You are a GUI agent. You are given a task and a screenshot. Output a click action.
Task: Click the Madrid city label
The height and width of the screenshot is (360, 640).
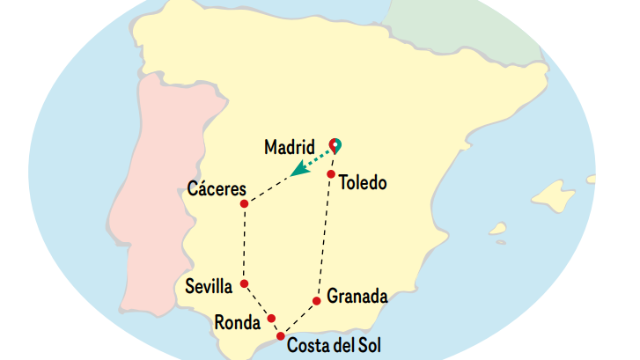click(290, 147)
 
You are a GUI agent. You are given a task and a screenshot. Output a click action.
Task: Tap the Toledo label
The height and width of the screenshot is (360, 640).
click(363, 184)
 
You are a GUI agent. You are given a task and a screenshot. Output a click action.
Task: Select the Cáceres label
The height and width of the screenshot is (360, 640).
click(216, 188)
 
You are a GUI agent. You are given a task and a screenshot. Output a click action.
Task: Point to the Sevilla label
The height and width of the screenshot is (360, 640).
click(209, 286)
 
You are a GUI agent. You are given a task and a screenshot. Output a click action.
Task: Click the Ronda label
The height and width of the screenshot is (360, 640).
click(237, 323)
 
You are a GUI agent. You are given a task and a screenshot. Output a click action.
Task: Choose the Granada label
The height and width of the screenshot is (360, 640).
click(357, 297)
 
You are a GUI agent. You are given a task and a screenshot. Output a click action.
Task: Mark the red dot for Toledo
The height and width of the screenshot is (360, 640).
click(331, 174)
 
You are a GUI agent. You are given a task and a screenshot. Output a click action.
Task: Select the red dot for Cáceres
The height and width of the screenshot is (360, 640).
click(244, 204)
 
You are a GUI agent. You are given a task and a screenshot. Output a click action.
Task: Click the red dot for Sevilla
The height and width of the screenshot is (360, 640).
click(244, 283)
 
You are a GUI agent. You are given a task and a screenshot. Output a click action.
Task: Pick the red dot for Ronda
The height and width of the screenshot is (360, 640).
click(271, 319)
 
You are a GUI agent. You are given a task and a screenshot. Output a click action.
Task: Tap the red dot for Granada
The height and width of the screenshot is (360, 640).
click(316, 301)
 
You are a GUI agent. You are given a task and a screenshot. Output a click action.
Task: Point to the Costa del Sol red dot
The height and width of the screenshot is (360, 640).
click(280, 336)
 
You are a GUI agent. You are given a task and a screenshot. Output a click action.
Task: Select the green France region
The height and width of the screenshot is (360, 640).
click(467, 26)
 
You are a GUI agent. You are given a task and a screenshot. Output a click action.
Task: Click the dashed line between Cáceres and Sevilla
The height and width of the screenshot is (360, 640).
click(244, 244)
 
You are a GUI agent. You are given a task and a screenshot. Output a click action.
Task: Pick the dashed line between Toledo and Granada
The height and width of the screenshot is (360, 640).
click(324, 238)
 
